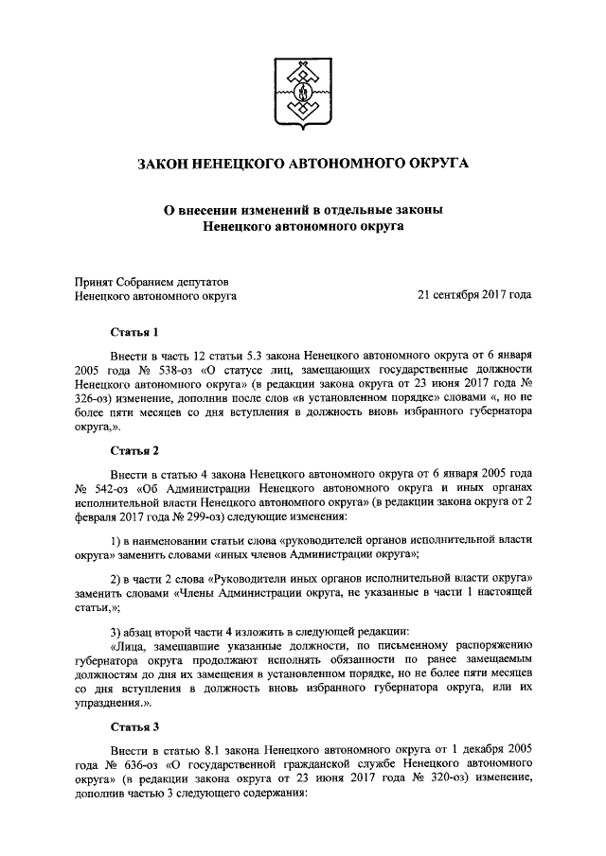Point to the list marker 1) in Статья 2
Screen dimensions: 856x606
[x=114, y=540]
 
